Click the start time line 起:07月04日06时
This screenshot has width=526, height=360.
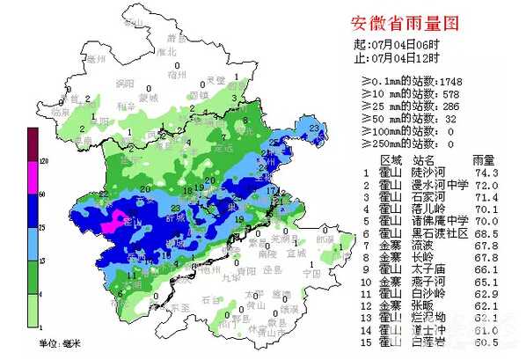click(396, 45)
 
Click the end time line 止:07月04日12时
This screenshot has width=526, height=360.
click(396, 58)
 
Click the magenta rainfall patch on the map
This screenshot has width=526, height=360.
click(113, 224)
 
